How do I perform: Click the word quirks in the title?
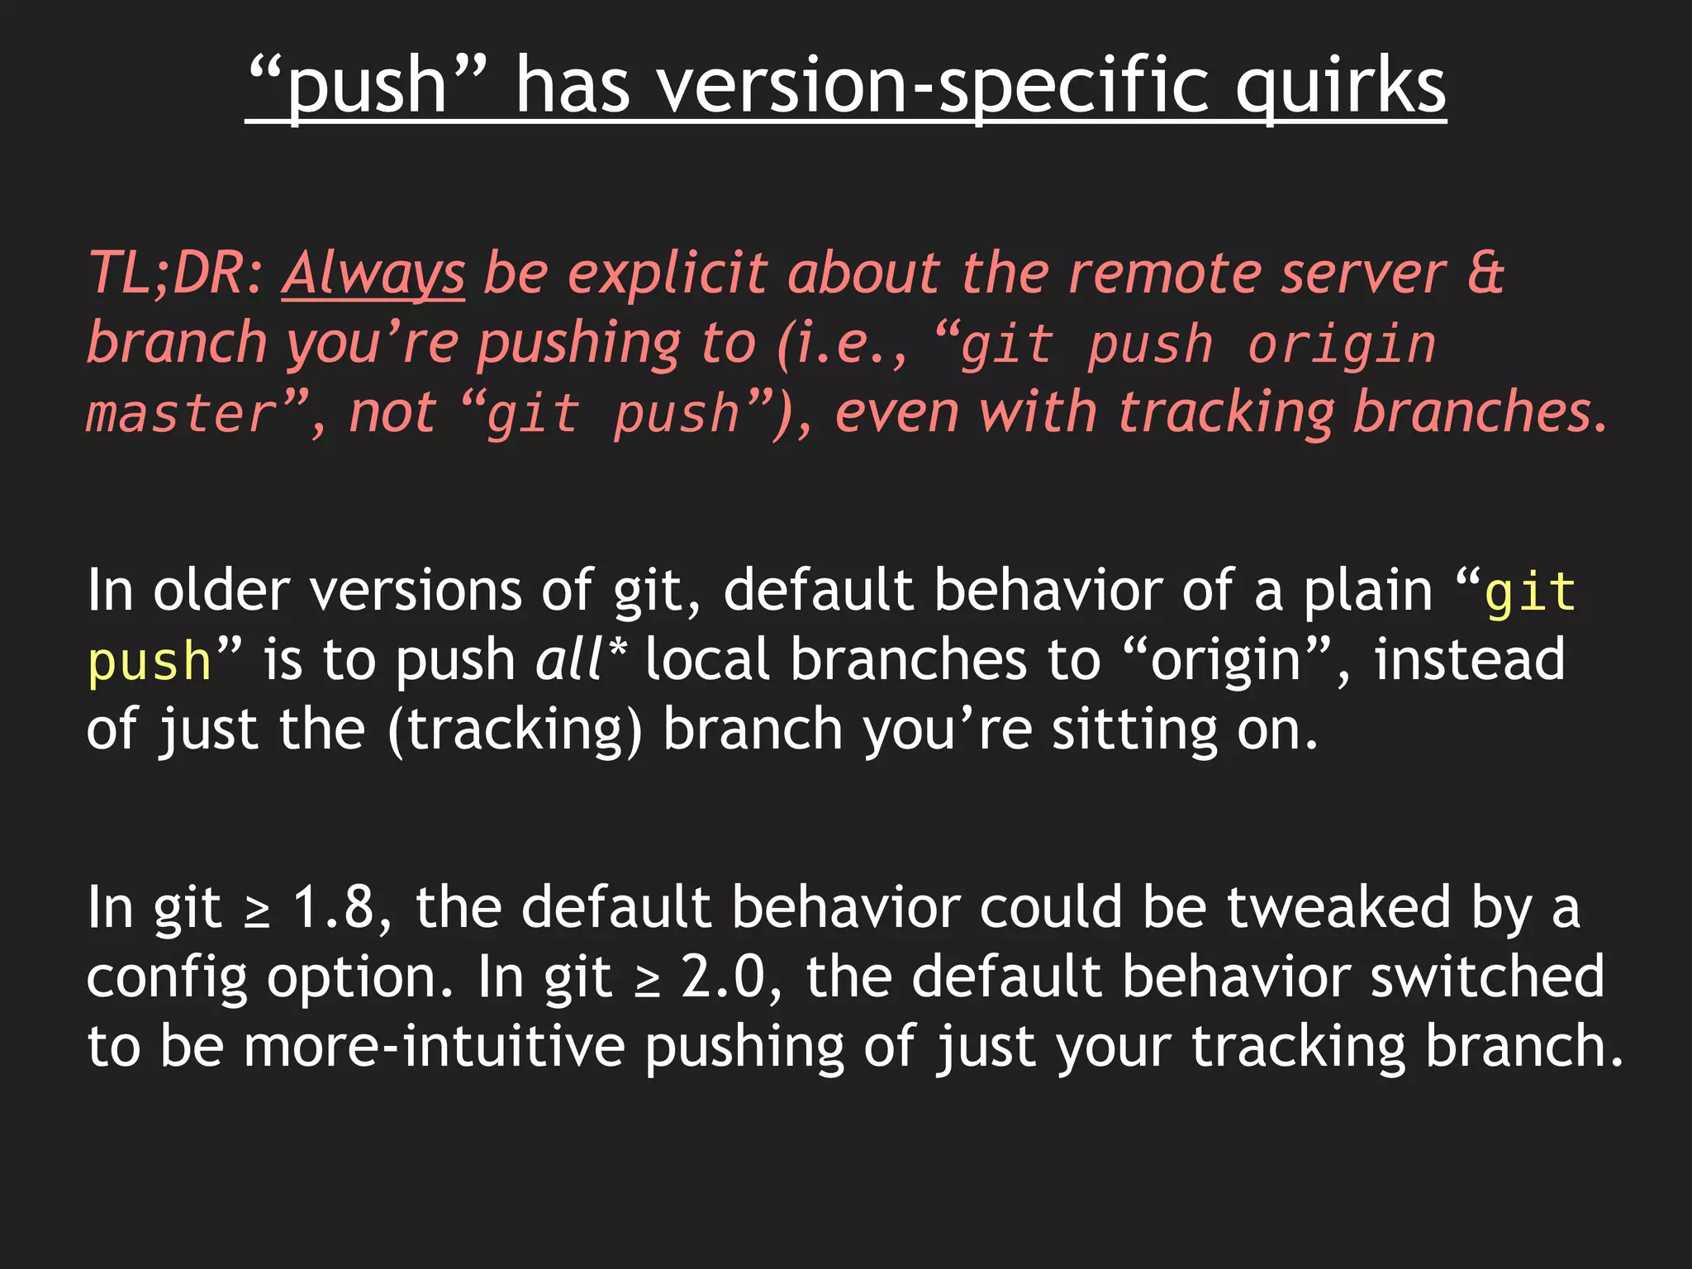[1340, 86]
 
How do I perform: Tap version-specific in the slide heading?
[933, 86]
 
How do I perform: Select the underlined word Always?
[373, 273]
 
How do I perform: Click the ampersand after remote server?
[1485, 273]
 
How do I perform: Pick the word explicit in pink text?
[668, 273]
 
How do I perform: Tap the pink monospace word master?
[182, 413]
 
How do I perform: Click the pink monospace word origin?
[1342, 344]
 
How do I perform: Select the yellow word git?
[1530, 592]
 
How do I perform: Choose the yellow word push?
[150, 661]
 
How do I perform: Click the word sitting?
[1134, 730]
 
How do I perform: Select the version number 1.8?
[334, 907]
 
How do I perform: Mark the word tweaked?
[1338, 907]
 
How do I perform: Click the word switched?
[1486, 977]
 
